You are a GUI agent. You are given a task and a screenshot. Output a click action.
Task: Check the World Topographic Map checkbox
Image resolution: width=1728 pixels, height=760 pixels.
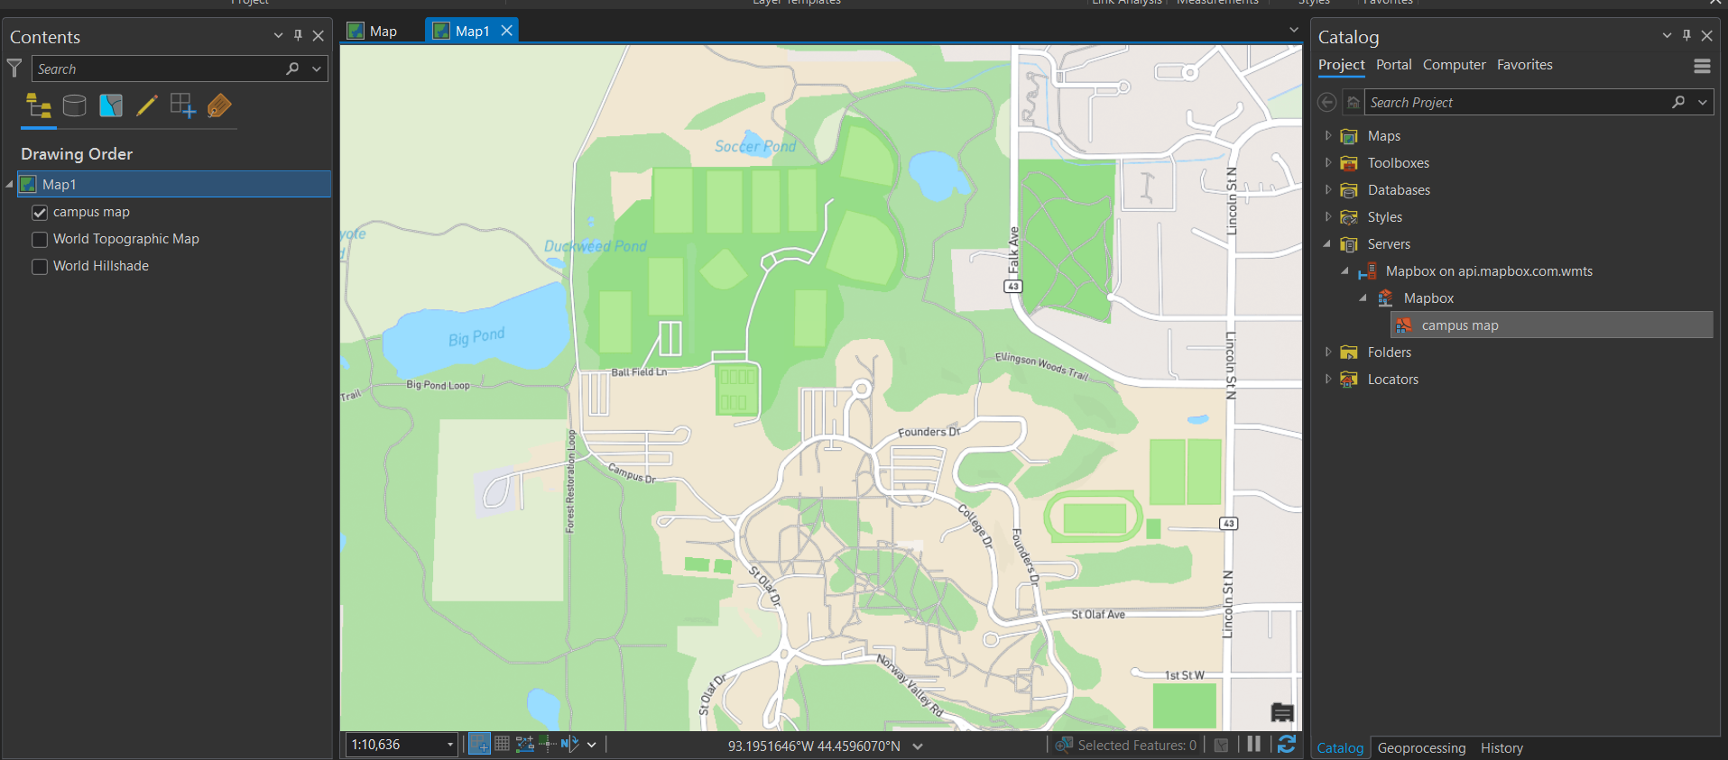(40, 240)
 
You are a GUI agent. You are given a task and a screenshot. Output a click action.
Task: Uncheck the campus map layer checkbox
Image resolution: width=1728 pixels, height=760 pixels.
(40, 213)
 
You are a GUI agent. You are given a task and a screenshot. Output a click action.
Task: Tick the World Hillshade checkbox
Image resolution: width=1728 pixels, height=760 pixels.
(40, 267)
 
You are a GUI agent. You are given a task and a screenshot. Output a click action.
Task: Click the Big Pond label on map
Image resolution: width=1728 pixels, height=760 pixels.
(476, 337)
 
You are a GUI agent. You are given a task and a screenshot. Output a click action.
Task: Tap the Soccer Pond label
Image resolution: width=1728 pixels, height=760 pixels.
(755, 146)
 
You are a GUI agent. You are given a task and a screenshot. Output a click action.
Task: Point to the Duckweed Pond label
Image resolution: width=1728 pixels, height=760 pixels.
(595, 246)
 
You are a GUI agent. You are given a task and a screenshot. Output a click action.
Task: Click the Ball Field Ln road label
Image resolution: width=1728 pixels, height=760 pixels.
(639, 372)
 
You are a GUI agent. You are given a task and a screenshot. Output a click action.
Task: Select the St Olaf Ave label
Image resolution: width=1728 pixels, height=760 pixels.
(1098, 615)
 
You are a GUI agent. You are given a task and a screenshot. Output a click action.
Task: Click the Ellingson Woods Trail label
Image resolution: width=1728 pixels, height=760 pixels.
(1041, 365)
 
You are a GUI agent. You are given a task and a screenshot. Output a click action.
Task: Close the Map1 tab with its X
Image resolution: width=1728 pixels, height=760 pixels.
(507, 31)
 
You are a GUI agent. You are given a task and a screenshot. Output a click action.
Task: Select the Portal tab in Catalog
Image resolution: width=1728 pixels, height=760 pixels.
(1393, 65)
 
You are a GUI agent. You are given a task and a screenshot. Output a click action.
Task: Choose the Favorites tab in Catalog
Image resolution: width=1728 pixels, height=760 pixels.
(1524, 65)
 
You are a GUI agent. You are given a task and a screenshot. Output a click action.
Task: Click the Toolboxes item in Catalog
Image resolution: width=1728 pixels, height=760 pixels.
(1398, 163)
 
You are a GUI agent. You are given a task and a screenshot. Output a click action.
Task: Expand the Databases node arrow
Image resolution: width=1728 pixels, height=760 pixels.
(1328, 190)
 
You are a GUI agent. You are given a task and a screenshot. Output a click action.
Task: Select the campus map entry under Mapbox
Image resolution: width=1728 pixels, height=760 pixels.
(1459, 325)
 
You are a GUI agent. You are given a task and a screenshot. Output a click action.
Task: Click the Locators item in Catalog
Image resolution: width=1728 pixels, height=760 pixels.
(1392, 380)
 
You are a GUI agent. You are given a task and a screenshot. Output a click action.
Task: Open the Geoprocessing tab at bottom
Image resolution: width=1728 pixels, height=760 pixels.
(1421, 748)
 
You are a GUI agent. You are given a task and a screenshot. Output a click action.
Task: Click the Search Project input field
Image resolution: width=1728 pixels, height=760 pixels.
(1516, 103)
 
